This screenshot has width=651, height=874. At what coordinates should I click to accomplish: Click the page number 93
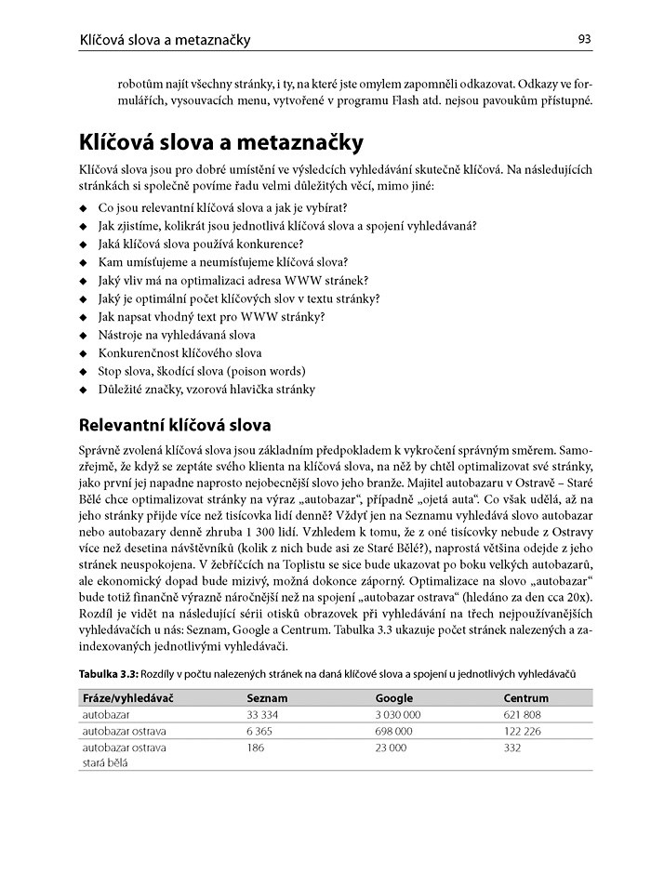584,39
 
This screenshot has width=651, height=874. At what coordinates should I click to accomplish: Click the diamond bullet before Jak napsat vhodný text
84,317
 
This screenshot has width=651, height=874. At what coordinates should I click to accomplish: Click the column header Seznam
267,697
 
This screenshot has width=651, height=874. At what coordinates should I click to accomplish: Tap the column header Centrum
525,697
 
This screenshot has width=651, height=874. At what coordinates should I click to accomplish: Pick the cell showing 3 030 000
398,715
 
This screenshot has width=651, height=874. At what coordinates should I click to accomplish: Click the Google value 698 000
393,732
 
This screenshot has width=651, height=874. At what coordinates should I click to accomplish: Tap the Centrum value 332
512,748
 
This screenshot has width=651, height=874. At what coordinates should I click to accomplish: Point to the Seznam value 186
256,748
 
